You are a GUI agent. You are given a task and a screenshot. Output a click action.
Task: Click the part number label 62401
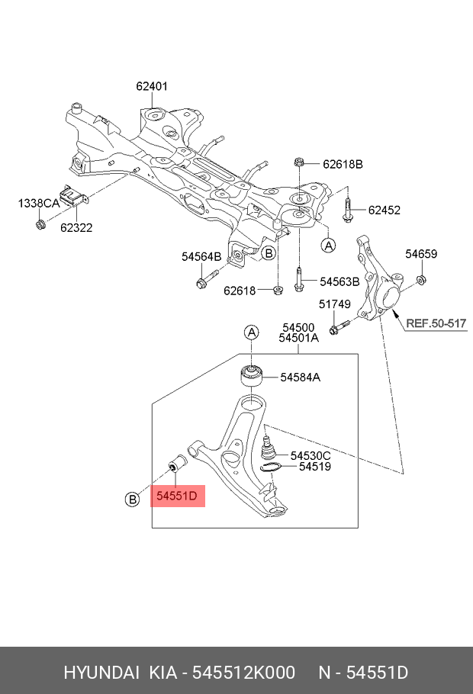tap(152, 87)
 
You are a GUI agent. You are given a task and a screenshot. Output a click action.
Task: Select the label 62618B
tap(343, 164)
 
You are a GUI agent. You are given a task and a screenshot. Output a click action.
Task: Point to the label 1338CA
tap(39, 204)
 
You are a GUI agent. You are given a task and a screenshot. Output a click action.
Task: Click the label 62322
tap(77, 227)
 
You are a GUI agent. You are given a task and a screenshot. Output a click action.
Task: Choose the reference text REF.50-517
tap(436, 323)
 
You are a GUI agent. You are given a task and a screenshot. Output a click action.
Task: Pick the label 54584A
tap(300, 377)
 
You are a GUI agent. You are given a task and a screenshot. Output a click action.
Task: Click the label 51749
tap(334, 304)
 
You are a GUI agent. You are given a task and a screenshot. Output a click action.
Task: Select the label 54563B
tap(339, 281)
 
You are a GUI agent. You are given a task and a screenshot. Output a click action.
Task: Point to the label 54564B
tap(201, 257)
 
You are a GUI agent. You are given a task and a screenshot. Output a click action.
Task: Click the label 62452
tap(384, 210)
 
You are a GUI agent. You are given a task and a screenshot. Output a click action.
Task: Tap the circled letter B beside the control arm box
tap(132, 500)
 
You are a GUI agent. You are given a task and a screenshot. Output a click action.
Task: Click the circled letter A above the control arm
tap(251, 332)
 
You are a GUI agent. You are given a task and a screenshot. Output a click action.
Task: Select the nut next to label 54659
tap(420, 284)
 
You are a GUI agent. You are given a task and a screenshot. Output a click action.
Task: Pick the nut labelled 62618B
tap(299, 162)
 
